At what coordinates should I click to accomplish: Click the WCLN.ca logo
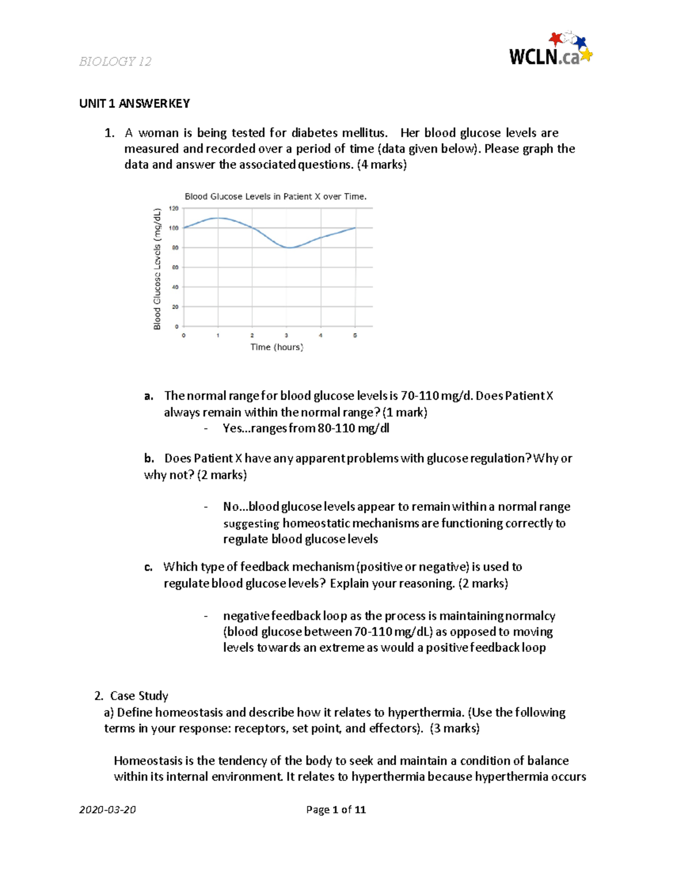[550, 50]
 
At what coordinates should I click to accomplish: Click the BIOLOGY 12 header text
[115, 62]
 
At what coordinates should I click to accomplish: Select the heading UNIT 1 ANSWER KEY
[135, 103]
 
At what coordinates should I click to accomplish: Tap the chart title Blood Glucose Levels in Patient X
[275, 196]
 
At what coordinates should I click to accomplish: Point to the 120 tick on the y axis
[174, 208]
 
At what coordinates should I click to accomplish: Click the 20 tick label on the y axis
[175, 307]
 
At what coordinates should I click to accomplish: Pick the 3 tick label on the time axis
[287, 335]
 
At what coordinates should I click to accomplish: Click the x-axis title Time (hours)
[276, 347]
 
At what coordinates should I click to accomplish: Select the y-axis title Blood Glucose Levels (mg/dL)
[158, 269]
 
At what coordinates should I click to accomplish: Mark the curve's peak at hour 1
[218, 218]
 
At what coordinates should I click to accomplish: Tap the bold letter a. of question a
[148, 396]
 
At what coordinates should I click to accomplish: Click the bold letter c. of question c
[148, 567]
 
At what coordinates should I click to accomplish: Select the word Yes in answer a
[232, 428]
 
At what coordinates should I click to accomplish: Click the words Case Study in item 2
[139, 696]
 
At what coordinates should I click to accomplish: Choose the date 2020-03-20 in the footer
[108, 809]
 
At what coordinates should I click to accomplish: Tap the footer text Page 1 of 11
[336, 809]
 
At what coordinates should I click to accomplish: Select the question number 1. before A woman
[109, 133]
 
